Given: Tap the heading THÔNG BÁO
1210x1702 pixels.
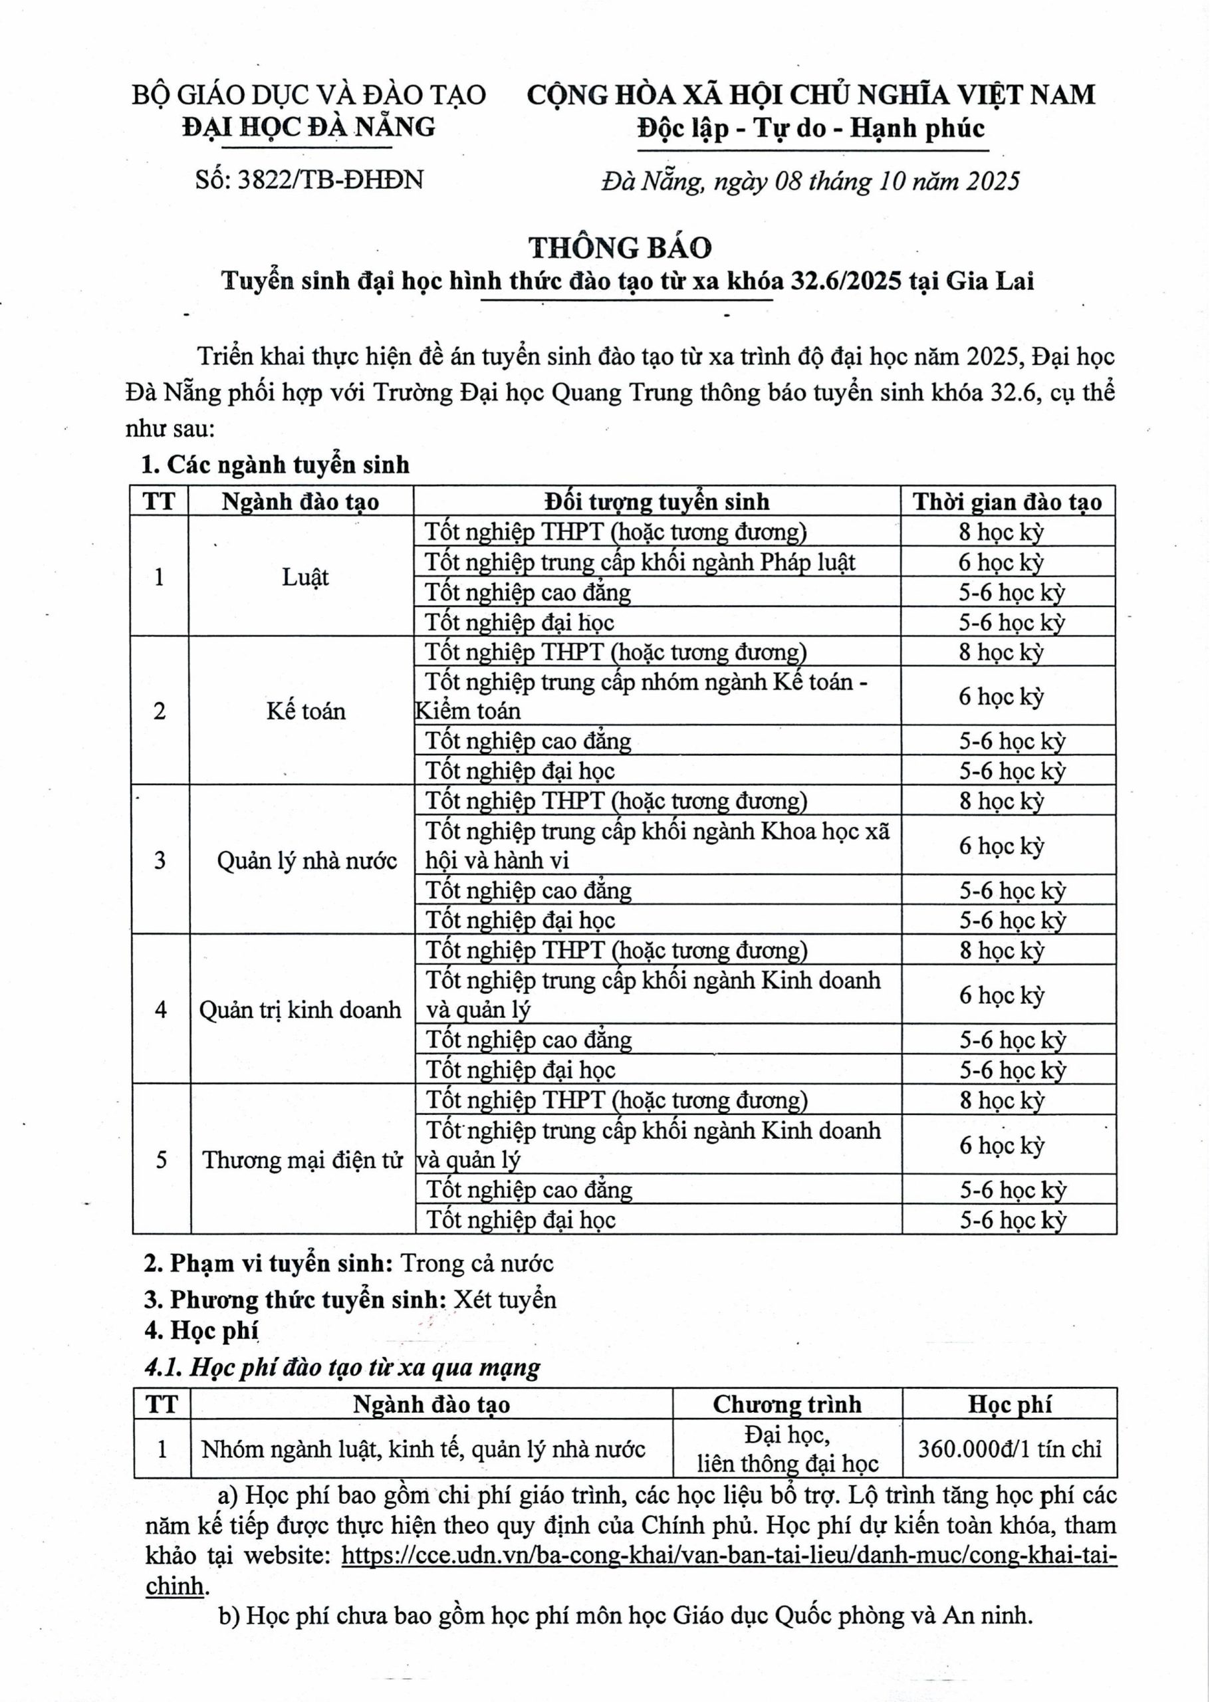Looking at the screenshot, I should click(620, 247).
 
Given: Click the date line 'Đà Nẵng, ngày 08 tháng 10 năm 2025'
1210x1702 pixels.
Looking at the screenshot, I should click(810, 181).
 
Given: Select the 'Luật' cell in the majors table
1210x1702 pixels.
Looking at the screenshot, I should click(304, 577).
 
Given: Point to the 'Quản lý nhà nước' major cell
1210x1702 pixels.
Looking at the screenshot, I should click(306, 861).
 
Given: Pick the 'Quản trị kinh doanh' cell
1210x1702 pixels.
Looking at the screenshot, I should click(300, 1010).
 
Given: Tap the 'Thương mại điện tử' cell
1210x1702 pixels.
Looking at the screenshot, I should click(302, 1159).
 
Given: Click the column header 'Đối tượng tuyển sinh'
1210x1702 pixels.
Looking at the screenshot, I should click(656, 501).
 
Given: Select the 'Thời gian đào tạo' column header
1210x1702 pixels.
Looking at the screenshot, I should click(1007, 501).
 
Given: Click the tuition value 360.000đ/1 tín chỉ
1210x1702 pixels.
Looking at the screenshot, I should click(1009, 1449).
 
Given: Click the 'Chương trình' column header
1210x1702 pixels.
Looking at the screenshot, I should click(786, 1404).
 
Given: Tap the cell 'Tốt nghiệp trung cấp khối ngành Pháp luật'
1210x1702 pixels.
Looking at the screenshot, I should click(640, 562).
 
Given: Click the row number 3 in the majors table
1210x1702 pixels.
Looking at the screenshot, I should click(160, 861).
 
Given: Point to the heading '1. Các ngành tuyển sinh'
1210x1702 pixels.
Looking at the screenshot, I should click(276, 465).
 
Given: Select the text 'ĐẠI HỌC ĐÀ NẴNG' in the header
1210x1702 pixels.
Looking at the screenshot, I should click(309, 128).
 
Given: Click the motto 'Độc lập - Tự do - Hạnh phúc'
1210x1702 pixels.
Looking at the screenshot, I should click(810, 129).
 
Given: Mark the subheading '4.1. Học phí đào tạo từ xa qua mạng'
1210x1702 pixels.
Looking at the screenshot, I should click(343, 1368).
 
